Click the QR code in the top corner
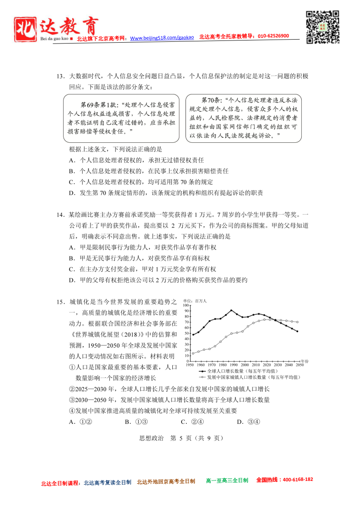click(323, 27)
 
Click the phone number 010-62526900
click(273, 36)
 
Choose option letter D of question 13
click(72, 193)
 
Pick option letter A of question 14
click(72, 247)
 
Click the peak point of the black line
click(231, 310)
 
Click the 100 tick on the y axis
click(186, 306)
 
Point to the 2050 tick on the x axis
click(300, 365)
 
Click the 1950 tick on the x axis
click(189, 365)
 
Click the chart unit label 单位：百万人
click(195, 301)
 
